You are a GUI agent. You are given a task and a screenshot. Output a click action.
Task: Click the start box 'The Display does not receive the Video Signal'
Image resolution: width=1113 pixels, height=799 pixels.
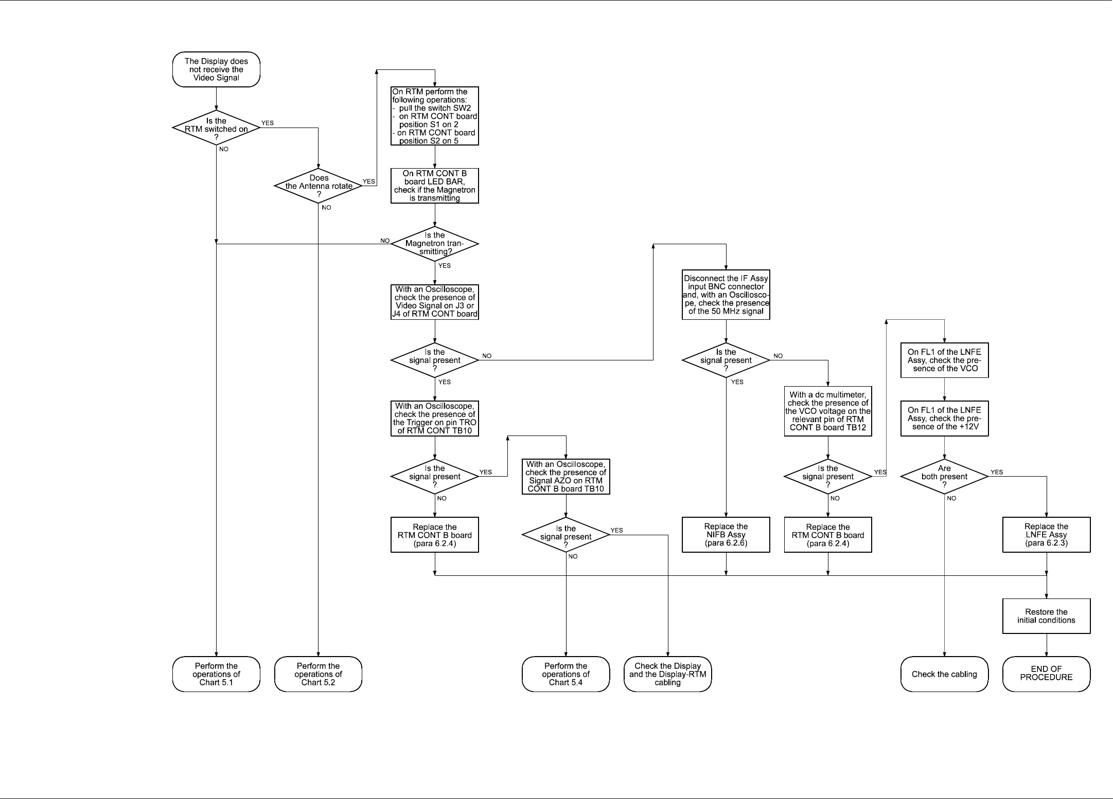(x=216, y=69)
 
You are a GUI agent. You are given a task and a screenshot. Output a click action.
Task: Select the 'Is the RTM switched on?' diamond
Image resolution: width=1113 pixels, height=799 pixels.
(x=216, y=129)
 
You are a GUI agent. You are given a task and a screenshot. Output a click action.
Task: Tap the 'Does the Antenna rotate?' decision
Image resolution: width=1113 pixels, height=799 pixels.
(x=319, y=186)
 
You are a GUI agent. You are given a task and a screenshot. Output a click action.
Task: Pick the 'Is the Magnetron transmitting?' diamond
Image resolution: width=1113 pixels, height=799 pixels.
(x=435, y=244)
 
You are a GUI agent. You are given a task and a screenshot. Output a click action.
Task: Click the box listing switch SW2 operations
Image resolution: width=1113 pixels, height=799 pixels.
(x=435, y=116)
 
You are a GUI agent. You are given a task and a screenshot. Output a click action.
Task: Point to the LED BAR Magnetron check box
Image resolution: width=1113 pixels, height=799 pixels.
(x=435, y=186)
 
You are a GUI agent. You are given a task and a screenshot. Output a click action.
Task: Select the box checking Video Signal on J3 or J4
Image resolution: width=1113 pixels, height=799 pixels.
(x=435, y=302)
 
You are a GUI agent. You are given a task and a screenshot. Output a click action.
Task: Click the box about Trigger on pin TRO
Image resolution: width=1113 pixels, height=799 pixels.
(x=435, y=419)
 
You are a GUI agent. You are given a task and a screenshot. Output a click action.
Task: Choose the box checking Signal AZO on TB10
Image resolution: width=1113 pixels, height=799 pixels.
(x=566, y=477)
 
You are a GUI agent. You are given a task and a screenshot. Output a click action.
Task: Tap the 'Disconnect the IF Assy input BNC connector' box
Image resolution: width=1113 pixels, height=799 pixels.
(x=726, y=295)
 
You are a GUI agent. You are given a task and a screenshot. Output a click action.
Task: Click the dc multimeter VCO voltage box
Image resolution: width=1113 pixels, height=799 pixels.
(x=828, y=411)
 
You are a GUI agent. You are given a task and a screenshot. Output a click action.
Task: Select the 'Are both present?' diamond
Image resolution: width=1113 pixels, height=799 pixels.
(x=944, y=477)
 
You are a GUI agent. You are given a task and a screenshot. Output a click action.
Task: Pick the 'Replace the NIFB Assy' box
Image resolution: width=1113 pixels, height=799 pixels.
(x=726, y=535)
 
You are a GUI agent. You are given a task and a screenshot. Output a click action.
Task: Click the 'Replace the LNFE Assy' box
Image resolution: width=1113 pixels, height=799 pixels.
(x=1046, y=535)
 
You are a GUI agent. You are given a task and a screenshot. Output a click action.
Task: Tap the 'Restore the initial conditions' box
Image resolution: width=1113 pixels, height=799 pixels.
(x=1046, y=616)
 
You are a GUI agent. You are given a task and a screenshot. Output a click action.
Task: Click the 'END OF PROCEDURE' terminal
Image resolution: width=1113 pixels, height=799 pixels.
(x=1046, y=674)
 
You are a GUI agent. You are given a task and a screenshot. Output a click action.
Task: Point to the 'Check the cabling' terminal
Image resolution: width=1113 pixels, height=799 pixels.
(x=944, y=674)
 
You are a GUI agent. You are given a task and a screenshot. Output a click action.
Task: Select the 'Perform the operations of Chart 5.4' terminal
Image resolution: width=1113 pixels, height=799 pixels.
(x=566, y=674)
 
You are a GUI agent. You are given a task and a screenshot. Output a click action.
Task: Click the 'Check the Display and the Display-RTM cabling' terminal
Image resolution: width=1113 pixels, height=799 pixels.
(x=667, y=674)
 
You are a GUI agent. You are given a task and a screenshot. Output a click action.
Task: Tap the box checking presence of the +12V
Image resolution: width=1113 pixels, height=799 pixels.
(x=944, y=419)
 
